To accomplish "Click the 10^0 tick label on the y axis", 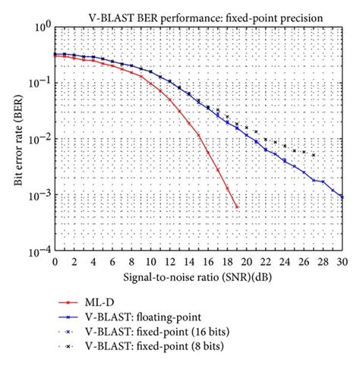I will click(41, 27).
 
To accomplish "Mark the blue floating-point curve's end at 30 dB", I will click(342, 197).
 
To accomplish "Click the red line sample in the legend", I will click(81, 301).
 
